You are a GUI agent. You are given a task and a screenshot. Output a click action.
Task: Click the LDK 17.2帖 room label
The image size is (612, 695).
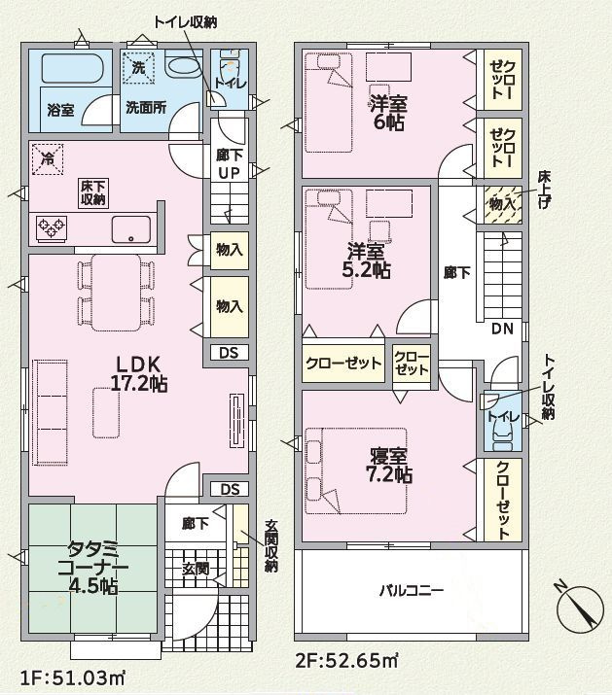[x=138, y=373]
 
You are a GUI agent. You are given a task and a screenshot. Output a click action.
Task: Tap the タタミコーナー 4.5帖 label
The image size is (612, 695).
[x=93, y=568]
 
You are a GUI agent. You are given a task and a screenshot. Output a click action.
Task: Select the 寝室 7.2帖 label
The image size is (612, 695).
[x=389, y=466]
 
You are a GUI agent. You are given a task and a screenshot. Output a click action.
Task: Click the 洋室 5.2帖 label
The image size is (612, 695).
[x=366, y=261]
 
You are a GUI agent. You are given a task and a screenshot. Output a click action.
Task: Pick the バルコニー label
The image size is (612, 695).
[x=412, y=590]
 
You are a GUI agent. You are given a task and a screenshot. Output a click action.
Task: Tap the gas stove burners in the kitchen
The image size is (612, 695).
[x=52, y=228]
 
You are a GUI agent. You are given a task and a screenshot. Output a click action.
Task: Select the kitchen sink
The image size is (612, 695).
[x=131, y=229]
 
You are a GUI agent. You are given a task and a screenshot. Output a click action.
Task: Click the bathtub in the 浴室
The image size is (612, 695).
[x=72, y=68]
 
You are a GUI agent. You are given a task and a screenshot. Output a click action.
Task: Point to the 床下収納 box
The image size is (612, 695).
[x=93, y=192]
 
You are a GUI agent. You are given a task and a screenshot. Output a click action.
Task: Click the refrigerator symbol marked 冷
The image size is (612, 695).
[x=48, y=159]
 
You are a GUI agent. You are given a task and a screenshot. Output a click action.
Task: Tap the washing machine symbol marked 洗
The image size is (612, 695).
[x=138, y=68]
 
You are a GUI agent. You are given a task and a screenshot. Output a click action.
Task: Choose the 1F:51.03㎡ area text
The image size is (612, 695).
[x=72, y=678]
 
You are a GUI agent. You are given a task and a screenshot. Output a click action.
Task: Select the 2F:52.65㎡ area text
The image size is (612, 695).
[x=346, y=661]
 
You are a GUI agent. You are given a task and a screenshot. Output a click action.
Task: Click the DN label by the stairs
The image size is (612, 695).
[x=502, y=329]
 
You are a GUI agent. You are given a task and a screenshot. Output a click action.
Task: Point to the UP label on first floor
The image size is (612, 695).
[x=229, y=173]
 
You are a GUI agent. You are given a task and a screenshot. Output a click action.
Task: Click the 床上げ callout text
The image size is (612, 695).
[x=544, y=190]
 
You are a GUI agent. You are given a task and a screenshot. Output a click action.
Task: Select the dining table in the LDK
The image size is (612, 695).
[x=117, y=293]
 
